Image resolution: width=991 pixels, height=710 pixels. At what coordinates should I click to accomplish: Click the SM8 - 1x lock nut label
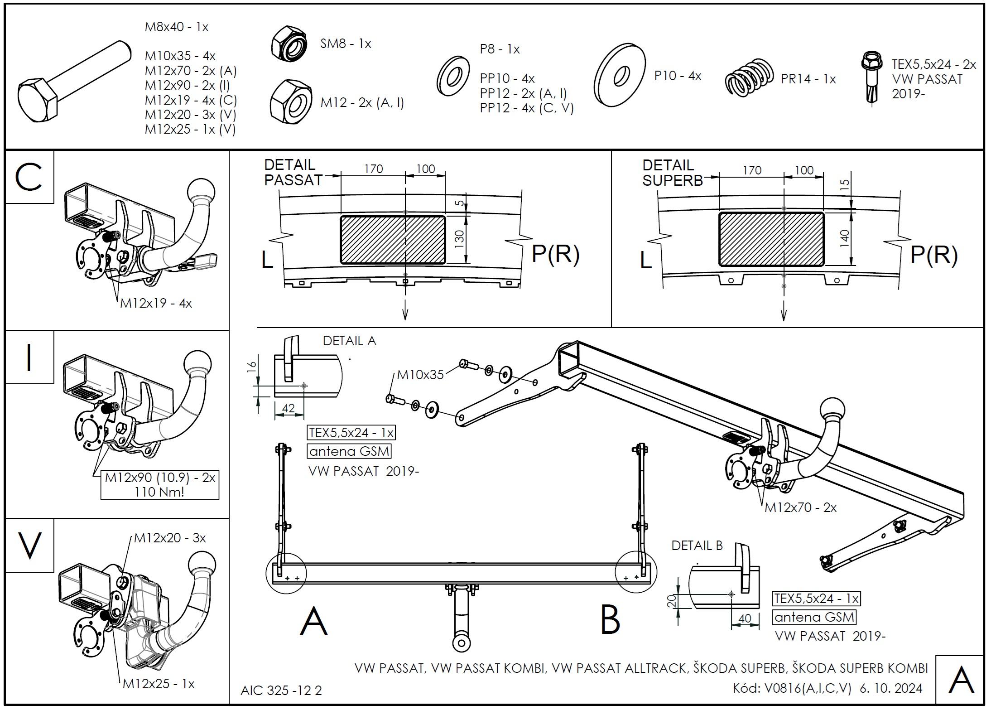tap(346, 44)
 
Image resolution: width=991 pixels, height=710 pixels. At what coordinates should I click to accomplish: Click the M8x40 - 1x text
tap(176, 27)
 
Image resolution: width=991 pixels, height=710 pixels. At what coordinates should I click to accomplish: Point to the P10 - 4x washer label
tap(678, 76)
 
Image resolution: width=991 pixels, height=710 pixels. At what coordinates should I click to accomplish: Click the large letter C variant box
tap(29, 177)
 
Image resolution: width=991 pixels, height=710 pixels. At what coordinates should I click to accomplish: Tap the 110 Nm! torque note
tap(159, 492)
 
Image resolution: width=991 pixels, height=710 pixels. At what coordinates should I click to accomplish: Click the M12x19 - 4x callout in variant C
tap(156, 303)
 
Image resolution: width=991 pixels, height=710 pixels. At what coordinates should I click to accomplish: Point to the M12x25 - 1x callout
tap(159, 684)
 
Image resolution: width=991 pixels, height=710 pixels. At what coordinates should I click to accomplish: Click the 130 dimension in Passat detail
tap(459, 239)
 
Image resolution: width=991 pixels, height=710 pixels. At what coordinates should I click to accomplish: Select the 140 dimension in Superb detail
tap(844, 239)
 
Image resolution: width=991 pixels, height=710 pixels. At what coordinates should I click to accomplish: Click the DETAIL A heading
tap(349, 341)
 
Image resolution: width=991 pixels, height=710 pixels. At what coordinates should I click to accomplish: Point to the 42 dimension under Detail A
tap(288, 408)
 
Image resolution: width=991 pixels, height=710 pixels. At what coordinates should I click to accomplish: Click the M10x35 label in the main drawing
tap(420, 375)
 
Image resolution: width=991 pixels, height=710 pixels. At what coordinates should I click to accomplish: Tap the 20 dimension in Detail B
tap(673, 600)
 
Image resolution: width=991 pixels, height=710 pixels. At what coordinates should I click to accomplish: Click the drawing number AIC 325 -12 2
tap(281, 691)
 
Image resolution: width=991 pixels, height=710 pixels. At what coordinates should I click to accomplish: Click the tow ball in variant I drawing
tap(197, 362)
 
